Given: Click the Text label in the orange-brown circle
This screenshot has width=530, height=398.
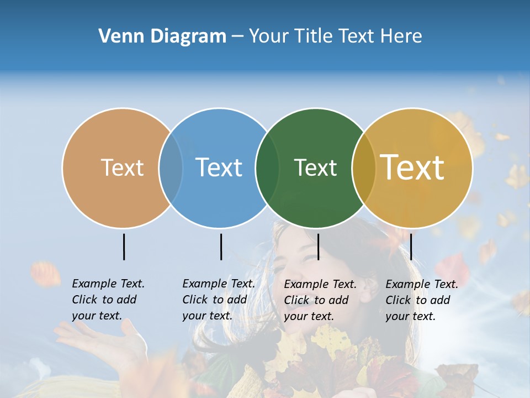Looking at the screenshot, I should [122, 167].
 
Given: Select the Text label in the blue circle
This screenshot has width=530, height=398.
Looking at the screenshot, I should [219, 167].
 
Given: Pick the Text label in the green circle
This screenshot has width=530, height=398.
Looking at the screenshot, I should [315, 167].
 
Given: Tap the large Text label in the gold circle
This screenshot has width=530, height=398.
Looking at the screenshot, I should [412, 167].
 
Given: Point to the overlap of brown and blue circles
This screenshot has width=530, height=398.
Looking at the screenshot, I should [171, 168].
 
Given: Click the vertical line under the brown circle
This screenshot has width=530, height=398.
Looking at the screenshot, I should [124, 247].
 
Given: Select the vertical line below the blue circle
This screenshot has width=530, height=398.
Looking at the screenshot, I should [221, 247].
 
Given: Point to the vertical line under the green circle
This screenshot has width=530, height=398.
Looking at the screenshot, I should [318, 247].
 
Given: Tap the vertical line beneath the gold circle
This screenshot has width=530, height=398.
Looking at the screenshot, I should [411, 247].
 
